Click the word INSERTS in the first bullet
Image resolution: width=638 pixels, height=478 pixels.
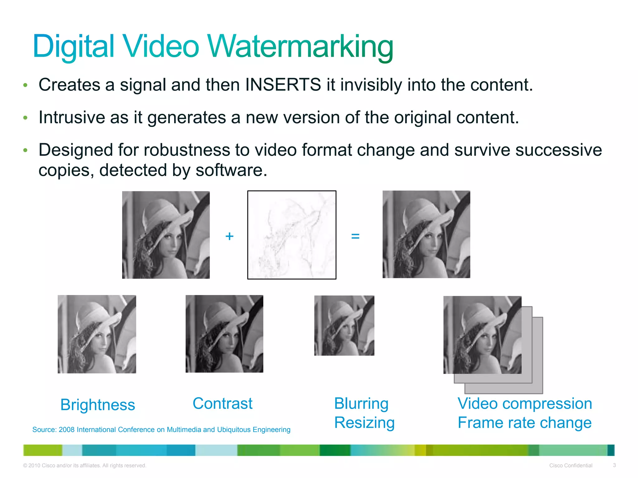pyautogui.click(x=283, y=85)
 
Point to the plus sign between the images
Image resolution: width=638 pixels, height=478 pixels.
pyautogui.click(x=229, y=236)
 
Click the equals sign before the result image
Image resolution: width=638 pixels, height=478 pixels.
pyautogui.click(x=355, y=236)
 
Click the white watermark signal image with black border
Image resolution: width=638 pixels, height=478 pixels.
pyautogui.click(x=292, y=235)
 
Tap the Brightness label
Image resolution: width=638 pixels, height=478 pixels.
pyautogui.click(x=98, y=405)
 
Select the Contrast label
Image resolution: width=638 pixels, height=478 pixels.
pyautogui.click(x=222, y=403)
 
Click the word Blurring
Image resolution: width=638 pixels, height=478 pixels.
pyautogui.click(x=361, y=403)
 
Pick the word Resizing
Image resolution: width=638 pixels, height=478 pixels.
pyautogui.click(x=364, y=423)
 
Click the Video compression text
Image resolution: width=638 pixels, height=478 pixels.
pyautogui.click(x=525, y=403)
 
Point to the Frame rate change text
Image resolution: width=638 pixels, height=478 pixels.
pyautogui.click(x=525, y=423)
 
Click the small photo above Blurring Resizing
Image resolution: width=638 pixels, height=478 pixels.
pyautogui.click(x=344, y=326)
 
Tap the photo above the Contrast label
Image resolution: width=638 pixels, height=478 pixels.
pyautogui.click(x=224, y=334)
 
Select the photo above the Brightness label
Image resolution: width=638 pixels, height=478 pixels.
pyautogui.click(x=97, y=334)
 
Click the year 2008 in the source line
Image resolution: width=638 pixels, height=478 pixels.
pyautogui.click(x=66, y=430)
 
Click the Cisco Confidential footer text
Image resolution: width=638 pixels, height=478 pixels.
pyautogui.click(x=571, y=466)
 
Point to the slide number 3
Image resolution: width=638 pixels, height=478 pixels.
pyautogui.click(x=614, y=465)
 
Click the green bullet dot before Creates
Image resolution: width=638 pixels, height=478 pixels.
pyautogui.click(x=26, y=85)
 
